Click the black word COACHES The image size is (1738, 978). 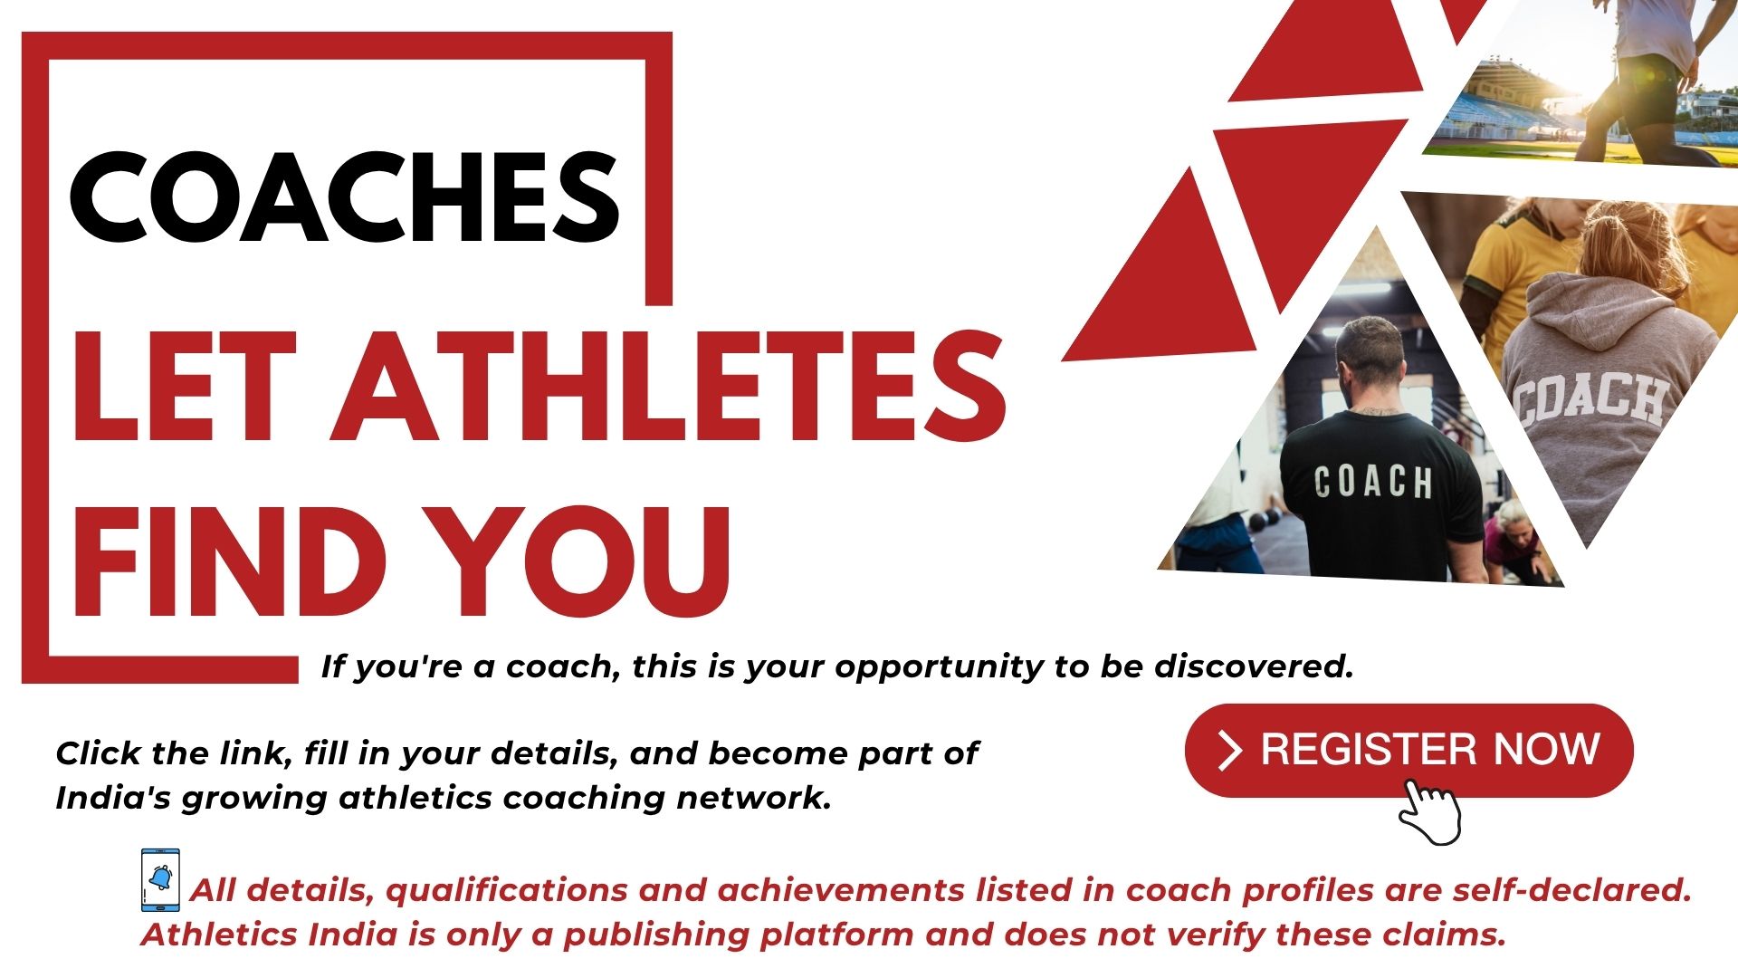pyautogui.click(x=344, y=197)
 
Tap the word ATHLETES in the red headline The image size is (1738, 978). pyautogui.click(x=668, y=387)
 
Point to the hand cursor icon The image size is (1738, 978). pyautogui.click(x=1429, y=811)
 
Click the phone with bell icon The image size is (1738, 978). pyautogui.click(x=160, y=880)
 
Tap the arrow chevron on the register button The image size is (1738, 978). pyautogui.click(x=1229, y=751)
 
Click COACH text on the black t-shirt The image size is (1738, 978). pyautogui.click(x=1373, y=482)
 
